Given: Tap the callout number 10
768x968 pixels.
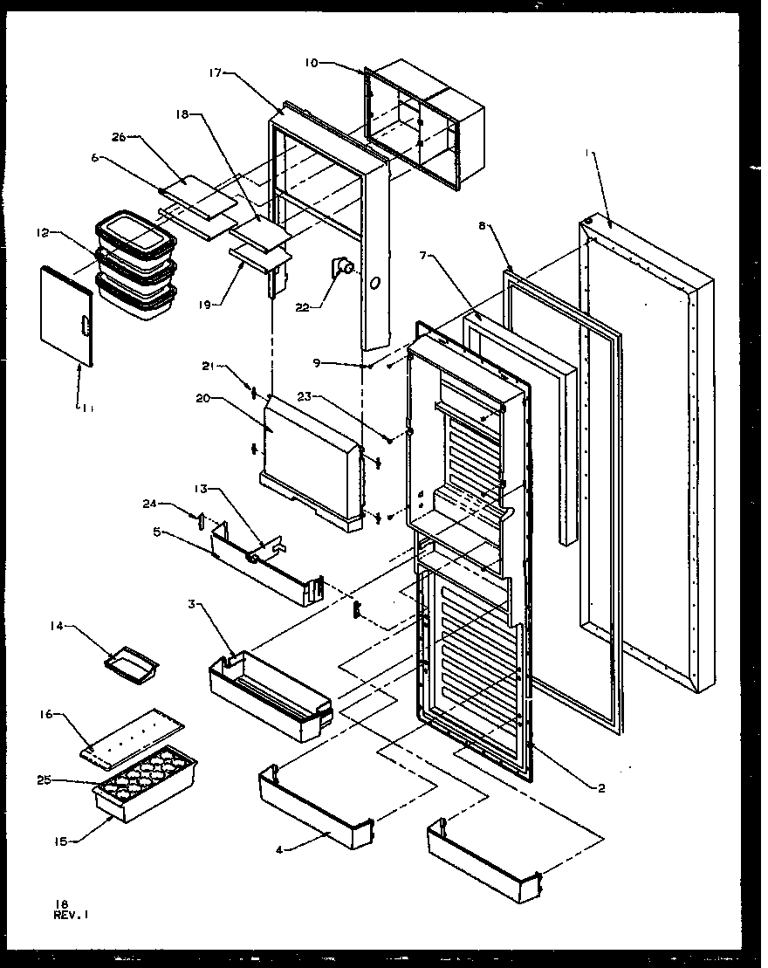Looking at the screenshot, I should pyautogui.click(x=312, y=62).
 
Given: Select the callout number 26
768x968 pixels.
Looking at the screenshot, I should pyautogui.click(x=119, y=135).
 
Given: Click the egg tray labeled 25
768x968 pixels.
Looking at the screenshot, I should pyautogui.click(x=144, y=774).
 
